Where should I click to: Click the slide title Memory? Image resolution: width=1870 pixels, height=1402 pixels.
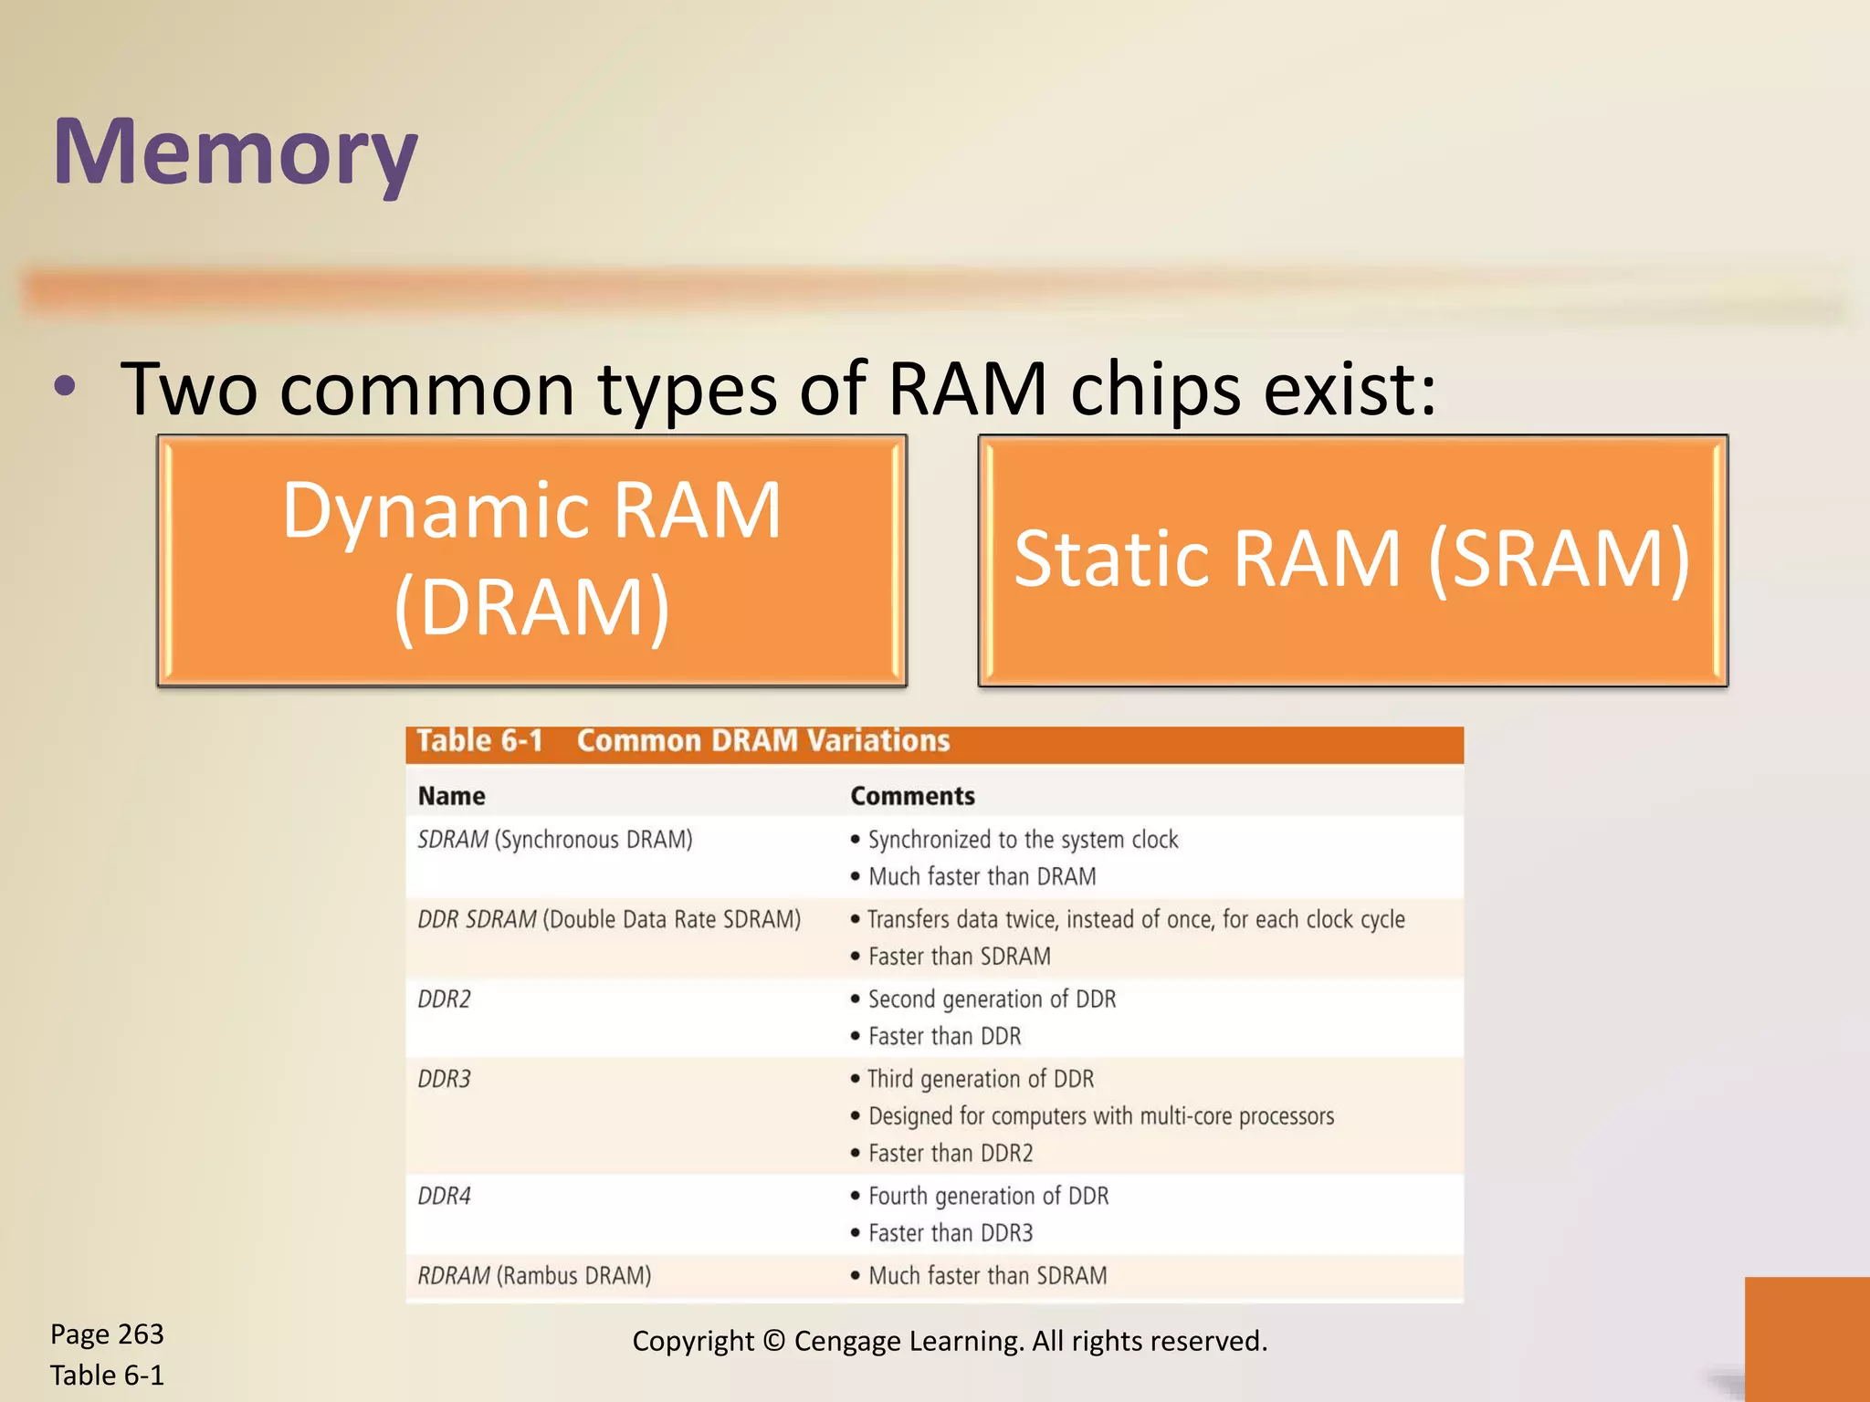[x=236, y=152]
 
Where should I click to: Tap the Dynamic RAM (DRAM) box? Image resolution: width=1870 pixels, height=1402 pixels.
[x=531, y=560]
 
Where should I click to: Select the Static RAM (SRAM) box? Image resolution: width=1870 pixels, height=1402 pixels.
[x=1352, y=560]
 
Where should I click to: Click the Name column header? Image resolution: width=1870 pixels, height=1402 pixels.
[x=451, y=796]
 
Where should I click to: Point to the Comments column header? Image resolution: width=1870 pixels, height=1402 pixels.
[x=912, y=796]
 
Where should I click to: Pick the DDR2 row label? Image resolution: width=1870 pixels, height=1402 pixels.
[x=444, y=999]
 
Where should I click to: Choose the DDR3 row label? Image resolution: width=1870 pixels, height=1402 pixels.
[x=444, y=1079]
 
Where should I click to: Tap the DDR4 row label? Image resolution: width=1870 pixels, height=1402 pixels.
[x=444, y=1196]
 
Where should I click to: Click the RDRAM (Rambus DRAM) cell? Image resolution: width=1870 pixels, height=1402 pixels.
[x=534, y=1275]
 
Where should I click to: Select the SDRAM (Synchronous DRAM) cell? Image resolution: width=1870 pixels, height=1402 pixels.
[x=554, y=840]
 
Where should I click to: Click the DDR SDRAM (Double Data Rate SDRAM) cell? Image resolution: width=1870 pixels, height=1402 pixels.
[x=608, y=919]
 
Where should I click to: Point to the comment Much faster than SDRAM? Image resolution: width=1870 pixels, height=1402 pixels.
[x=987, y=1275]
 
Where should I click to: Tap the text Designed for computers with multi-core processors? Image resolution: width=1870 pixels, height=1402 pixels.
[x=1100, y=1116]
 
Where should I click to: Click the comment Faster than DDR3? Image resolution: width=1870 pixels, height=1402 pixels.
[x=950, y=1233]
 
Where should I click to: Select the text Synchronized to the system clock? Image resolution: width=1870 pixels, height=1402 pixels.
[x=1023, y=840]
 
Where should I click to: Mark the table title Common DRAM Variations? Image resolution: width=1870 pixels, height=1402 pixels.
[x=763, y=740]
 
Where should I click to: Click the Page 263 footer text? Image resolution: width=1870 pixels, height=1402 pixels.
[x=107, y=1334]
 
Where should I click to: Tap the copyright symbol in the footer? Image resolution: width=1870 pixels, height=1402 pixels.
[x=773, y=1341]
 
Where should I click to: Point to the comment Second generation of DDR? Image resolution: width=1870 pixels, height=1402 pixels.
[x=992, y=999]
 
